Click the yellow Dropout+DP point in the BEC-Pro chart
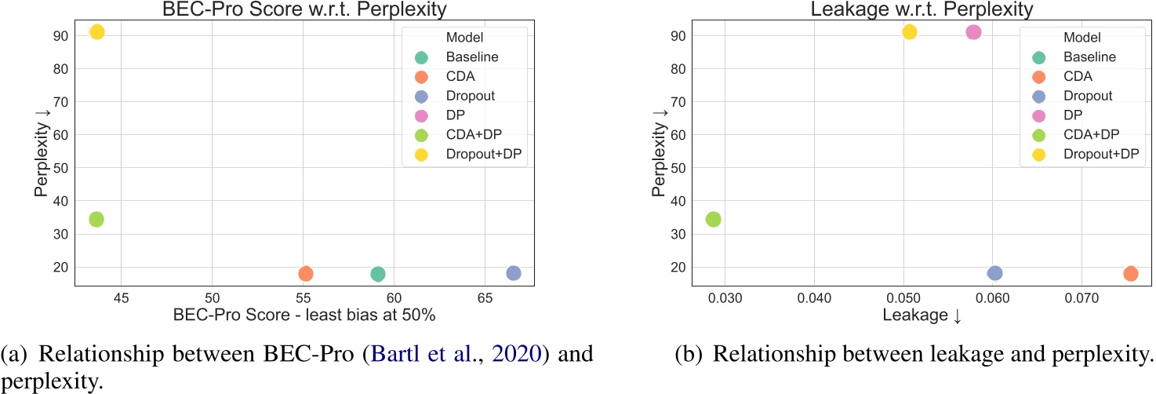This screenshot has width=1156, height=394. tap(96, 32)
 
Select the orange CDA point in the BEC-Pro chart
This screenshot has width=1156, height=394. tap(306, 274)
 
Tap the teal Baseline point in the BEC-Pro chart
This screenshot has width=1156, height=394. tap(378, 274)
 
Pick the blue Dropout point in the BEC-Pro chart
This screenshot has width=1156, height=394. tap(514, 273)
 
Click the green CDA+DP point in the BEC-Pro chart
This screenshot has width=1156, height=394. tap(96, 219)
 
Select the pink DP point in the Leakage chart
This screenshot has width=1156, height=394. tap(973, 32)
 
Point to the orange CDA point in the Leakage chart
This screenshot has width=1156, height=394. tap(1130, 274)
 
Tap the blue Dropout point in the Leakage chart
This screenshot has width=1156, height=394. tap(994, 273)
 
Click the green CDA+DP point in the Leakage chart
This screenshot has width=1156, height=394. tap(713, 219)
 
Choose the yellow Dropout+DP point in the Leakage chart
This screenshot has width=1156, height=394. tap(909, 32)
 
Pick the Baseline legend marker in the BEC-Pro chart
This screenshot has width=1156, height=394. tap(421, 57)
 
